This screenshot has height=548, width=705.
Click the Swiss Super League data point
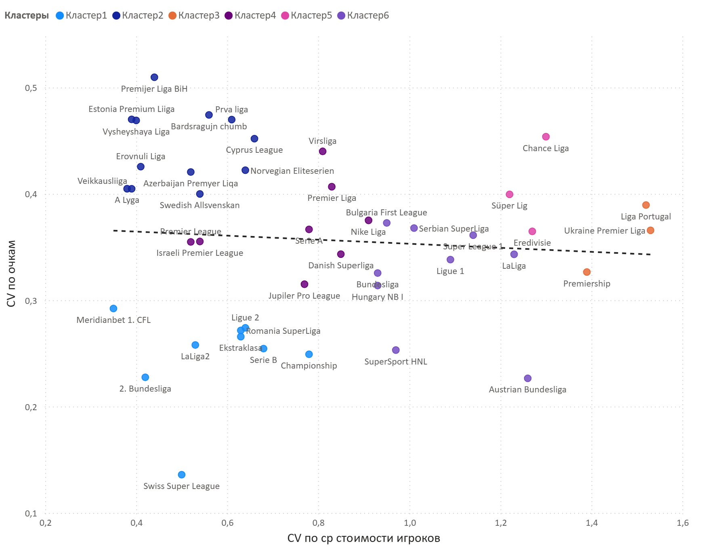click(x=182, y=474)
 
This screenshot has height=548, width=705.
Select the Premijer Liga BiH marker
click(x=154, y=77)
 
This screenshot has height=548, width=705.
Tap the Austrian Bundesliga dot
click(x=528, y=378)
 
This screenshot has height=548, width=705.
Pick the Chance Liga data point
click(x=546, y=137)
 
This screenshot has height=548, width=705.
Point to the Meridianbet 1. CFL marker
click(x=113, y=308)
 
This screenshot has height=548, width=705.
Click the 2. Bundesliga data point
click(x=145, y=377)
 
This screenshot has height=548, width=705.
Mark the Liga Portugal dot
click(x=646, y=205)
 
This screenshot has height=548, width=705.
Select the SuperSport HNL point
click(x=396, y=350)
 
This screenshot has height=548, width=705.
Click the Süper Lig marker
click(x=510, y=194)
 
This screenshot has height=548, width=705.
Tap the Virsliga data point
click(x=323, y=151)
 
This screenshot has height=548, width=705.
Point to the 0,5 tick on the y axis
click(x=31, y=88)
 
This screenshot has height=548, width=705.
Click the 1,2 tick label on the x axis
click(x=501, y=523)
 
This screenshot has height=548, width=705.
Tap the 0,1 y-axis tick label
click(x=31, y=513)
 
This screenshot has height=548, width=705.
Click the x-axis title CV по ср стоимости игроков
click(x=363, y=538)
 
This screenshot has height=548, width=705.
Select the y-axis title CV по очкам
click(x=11, y=274)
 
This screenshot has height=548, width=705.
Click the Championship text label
click(x=309, y=366)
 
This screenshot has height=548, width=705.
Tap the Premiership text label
click(x=587, y=284)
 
